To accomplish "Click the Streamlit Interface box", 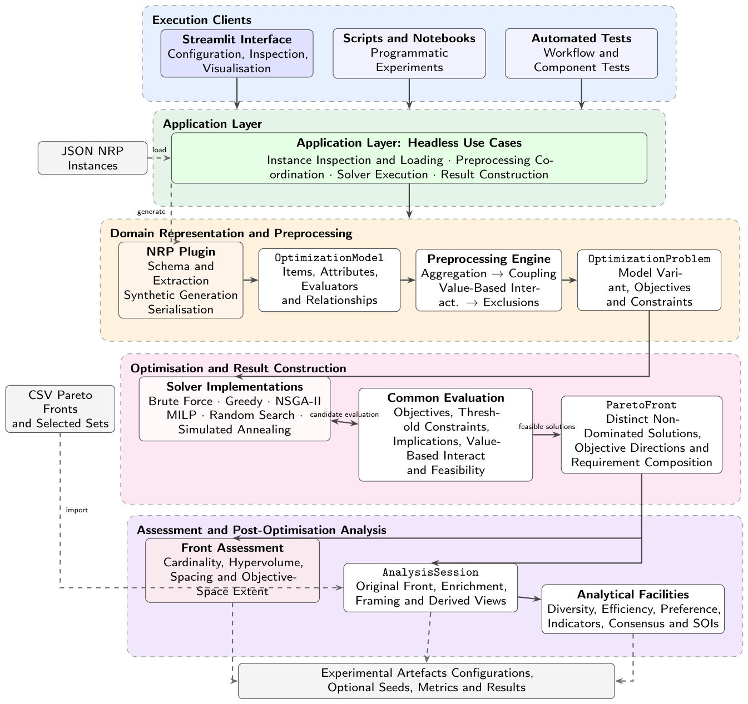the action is pyautogui.click(x=236, y=53).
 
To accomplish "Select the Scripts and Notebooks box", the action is pyautogui.click(x=409, y=53).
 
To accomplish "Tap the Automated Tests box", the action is pyautogui.click(x=581, y=53).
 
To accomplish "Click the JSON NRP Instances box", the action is pyautogui.click(x=92, y=158).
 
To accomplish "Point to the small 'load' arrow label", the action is pyautogui.click(x=159, y=150).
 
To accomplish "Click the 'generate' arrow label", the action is pyautogui.click(x=151, y=212).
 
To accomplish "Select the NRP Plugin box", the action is pyautogui.click(x=180, y=279).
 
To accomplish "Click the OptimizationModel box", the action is pyautogui.click(x=329, y=279).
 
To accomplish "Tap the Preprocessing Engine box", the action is pyautogui.click(x=488, y=279).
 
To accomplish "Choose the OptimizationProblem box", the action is pyautogui.click(x=649, y=279).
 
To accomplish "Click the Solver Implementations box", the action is pyautogui.click(x=234, y=408).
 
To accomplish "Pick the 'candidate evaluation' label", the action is pyautogui.click(x=344, y=415).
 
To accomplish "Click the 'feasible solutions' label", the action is pyautogui.click(x=547, y=427).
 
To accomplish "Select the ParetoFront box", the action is pyautogui.click(x=641, y=435).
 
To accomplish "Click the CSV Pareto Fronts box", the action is pyautogui.click(x=60, y=408).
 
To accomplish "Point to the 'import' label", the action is pyautogui.click(x=76, y=510).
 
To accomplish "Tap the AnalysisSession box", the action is pyautogui.click(x=430, y=587).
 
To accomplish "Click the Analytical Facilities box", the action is pyautogui.click(x=633, y=609).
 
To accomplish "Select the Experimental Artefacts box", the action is pyautogui.click(x=427, y=681).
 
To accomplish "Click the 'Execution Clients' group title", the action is pyautogui.click(x=201, y=20).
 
